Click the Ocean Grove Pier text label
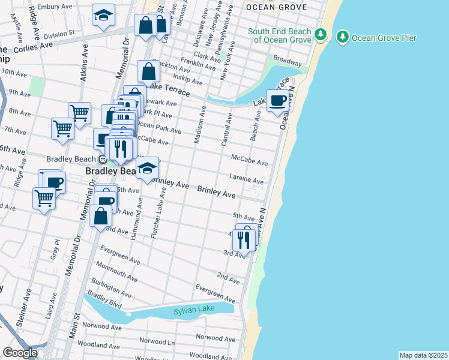click(384, 38)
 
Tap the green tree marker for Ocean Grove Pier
click(343, 37)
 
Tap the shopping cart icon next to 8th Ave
click(79, 112)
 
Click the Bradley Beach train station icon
click(103, 160)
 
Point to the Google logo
click(20, 353)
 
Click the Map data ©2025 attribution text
click(423, 355)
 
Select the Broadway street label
click(288, 61)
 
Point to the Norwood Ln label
click(157, 341)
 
